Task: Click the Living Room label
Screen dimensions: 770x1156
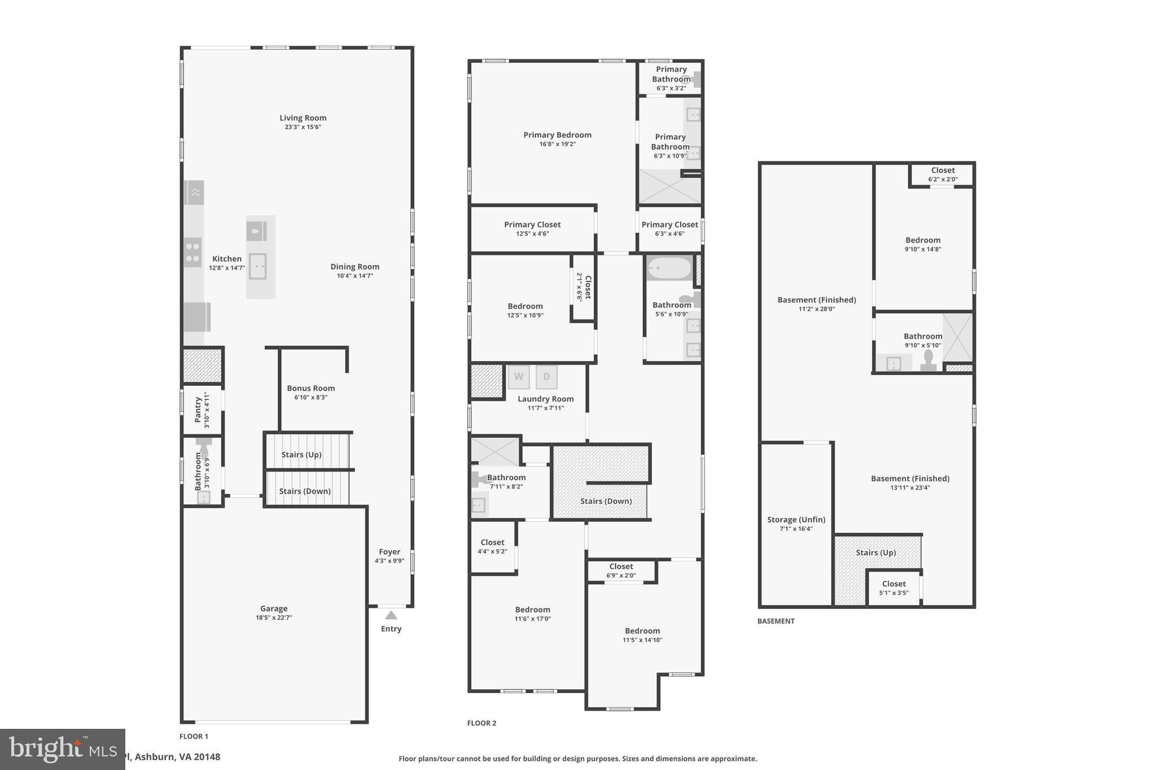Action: (303, 118)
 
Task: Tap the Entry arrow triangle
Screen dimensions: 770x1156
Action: (391, 615)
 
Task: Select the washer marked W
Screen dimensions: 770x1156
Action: (518, 377)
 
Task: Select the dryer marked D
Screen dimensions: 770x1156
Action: (546, 377)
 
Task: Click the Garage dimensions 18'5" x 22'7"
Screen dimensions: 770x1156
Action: (274, 618)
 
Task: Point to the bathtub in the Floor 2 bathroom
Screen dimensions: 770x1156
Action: (669, 269)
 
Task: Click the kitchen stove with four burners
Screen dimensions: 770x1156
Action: (192, 252)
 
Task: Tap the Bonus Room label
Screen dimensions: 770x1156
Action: (310, 388)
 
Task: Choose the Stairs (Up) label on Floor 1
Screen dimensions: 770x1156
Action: (301, 455)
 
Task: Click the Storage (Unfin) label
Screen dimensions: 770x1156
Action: (796, 520)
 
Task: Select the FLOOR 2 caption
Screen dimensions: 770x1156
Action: (481, 723)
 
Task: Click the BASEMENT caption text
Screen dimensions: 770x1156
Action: (776, 621)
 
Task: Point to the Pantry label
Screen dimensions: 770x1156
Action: (198, 410)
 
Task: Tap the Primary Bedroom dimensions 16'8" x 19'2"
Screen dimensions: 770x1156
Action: (557, 144)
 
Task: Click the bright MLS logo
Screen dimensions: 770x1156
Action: (62, 749)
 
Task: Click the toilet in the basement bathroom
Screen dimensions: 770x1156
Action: (929, 361)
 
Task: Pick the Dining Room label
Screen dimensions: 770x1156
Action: (354, 267)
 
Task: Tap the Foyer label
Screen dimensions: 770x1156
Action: (389, 552)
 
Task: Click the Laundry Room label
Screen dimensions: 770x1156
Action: (545, 399)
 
